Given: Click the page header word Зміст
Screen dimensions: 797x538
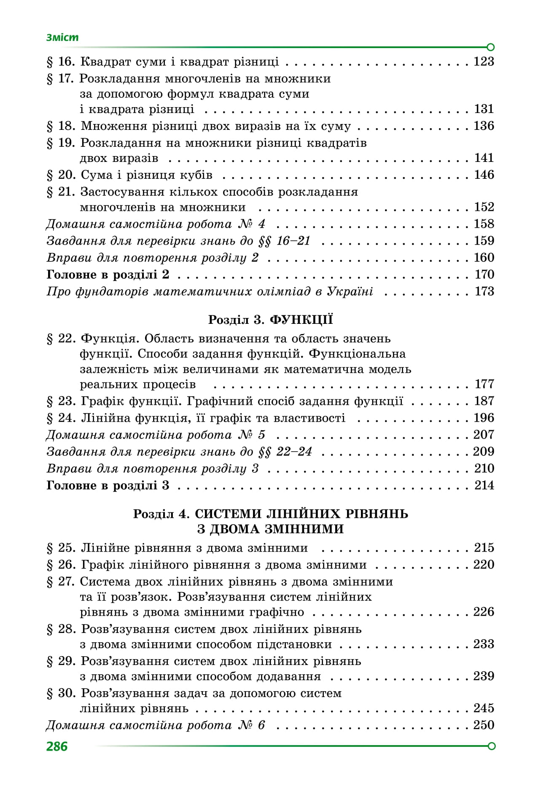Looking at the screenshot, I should [x=62, y=37].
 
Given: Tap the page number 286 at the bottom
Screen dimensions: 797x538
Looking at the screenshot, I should [x=57, y=746].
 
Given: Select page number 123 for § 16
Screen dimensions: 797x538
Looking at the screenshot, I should [x=484, y=62].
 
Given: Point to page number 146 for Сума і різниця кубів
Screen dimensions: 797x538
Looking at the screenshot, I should [x=484, y=175].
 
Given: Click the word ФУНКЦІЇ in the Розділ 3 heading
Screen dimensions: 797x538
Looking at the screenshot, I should [x=301, y=319].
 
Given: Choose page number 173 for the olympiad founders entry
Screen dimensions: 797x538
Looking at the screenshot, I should [x=484, y=291].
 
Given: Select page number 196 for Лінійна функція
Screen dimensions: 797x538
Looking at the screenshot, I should [x=484, y=417].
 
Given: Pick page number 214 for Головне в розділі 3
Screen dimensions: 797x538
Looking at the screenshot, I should [x=484, y=485].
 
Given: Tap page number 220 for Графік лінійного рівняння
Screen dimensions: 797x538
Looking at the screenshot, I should [x=484, y=564].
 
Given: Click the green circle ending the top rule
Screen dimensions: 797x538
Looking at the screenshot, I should [x=490, y=47].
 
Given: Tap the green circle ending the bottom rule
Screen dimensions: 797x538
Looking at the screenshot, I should [x=491, y=746].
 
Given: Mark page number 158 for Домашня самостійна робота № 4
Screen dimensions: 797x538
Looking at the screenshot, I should [x=484, y=223].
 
